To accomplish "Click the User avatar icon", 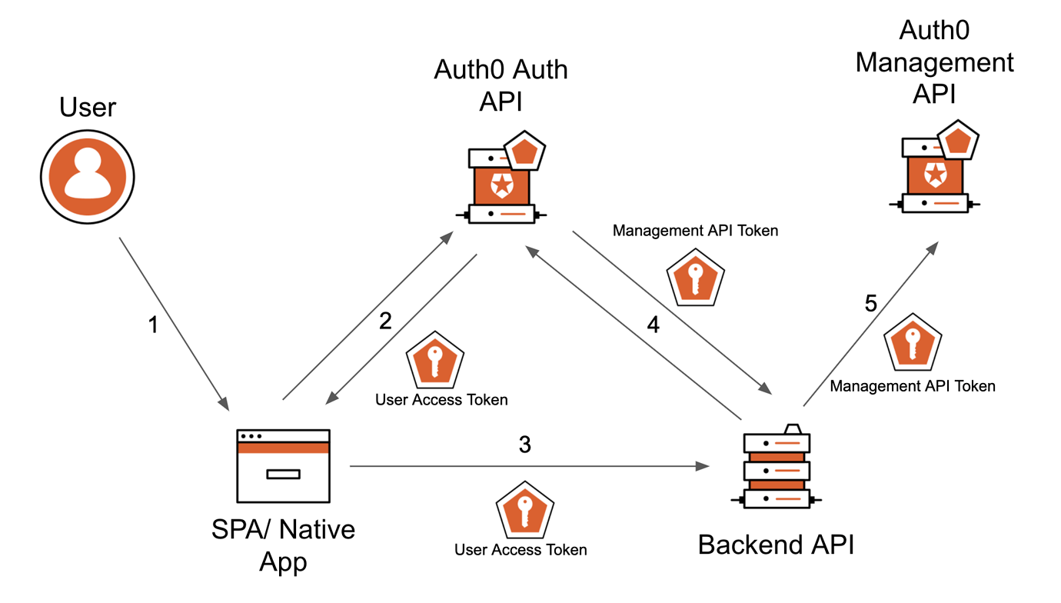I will pyautogui.click(x=87, y=176).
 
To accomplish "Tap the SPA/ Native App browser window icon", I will pyautogui.click(x=283, y=466).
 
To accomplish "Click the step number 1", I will pyautogui.click(x=152, y=325).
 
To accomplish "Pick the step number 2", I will pyautogui.click(x=385, y=321).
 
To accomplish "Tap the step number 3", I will pyautogui.click(x=525, y=445).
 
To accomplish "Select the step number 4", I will pyautogui.click(x=654, y=325).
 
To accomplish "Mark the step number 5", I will pyautogui.click(x=870, y=304).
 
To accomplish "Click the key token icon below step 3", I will pyautogui.click(x=525, y=511).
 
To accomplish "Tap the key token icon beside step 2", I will pyautogui.click(x=435, y=361).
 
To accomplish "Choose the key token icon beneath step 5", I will pyautogui.click(x=913, y=343).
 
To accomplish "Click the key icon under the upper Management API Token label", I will pyautogui.click(x=695, y=277).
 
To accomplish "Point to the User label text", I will pyautogui.click(x=88, y=108).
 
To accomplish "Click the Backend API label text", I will pyautogui.click(x=776, y=545).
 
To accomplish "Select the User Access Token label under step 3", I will pyautogui.click(x=521, y=550).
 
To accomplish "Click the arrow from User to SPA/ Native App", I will pyautogui.click(x=174, y=323).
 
